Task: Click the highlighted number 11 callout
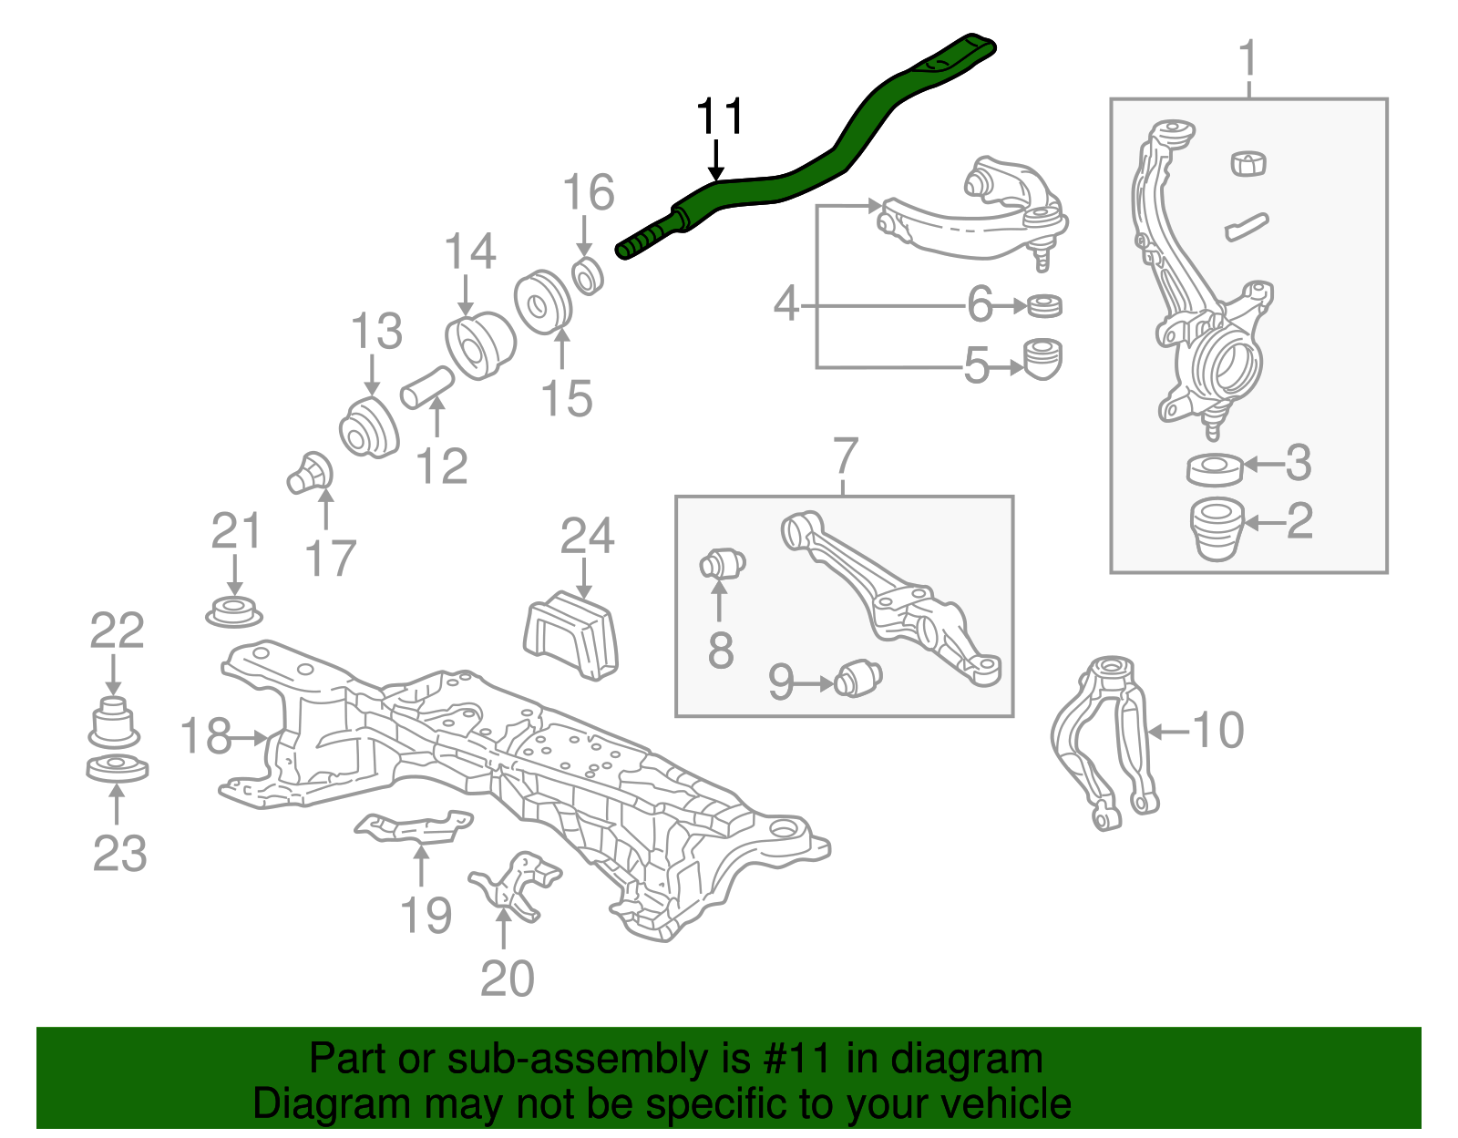click(719, 118)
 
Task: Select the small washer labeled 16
click(589, 276)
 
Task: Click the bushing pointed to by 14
click(479, 344)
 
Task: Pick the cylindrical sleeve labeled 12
click(427, 387)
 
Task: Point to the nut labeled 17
click(311, 473)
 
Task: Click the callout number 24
click(587, 536)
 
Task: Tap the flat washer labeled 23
click(118, 768)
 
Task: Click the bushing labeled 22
click(114, 722)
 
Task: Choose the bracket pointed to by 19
click(415, 828)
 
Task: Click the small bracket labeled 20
click(516, 881)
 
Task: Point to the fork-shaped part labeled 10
click(1103, 738)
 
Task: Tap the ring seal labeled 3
click(1215, 468)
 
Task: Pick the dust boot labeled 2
click(1217, 528)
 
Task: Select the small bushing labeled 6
click(1044, 305)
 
